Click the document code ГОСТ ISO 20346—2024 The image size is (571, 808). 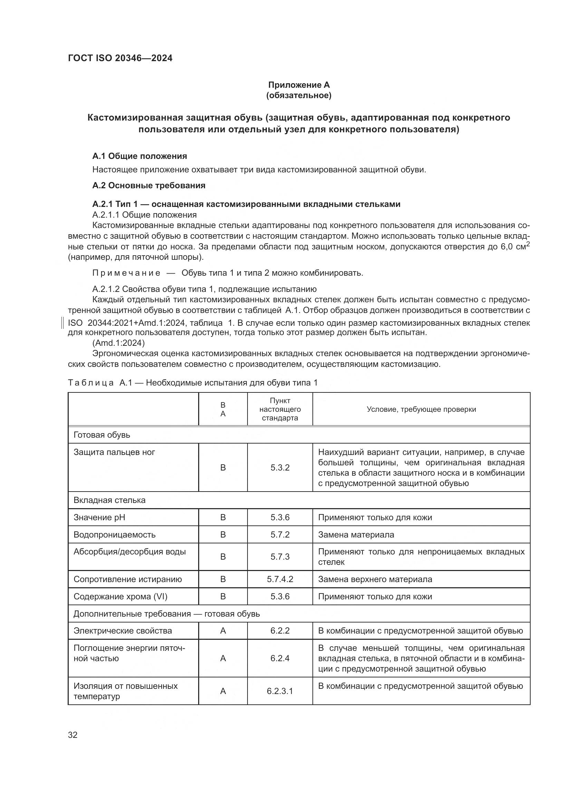click(120, 58)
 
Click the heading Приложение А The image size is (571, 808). click(299, 85)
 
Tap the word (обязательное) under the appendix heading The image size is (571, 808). click(299, 95)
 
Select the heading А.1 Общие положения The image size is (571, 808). click(139, 156)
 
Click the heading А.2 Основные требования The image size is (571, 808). click(149, 186)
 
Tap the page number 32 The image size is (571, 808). click(73, 735)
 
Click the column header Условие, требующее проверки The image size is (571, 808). click(421, 409)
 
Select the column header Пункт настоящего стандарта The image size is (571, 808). click(280, 409)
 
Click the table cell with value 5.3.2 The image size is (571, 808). click(280, 468)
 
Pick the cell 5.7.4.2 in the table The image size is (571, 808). click(280, 579)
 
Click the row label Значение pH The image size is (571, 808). click(99, 517)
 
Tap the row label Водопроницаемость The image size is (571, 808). click(114, 534)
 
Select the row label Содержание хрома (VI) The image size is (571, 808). click(120, 597)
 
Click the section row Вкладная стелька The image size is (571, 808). click(109, 500)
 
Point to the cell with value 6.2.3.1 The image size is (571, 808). click(280, 691)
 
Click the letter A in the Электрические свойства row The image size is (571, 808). click(223, 631)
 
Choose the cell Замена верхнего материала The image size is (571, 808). click(375, 579)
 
